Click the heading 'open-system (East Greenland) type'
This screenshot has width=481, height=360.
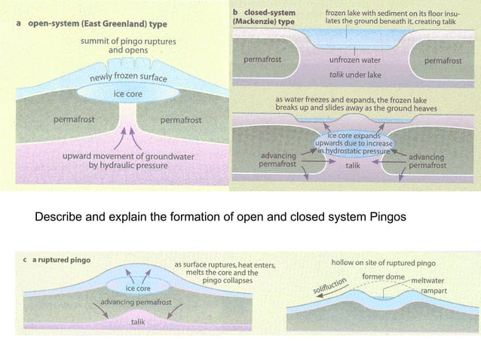click(x=97, y=24)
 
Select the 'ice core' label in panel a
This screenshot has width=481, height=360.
click(x=129, y=94)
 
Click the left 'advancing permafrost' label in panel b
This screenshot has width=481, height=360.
click(x=277, y=160)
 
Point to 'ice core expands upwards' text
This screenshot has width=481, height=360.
click(x=353, y=143)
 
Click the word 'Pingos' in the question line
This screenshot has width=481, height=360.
click(x=387, y=218)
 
